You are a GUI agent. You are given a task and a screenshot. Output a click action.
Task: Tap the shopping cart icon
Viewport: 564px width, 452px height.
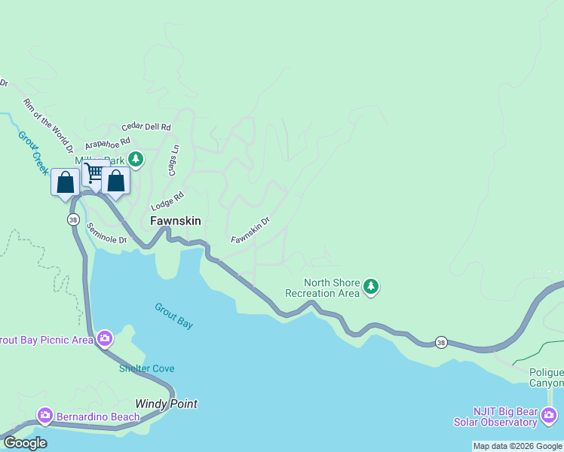(x=93, y=173)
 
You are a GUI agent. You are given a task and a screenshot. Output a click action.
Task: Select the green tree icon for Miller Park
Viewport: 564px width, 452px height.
(x=136, y=159)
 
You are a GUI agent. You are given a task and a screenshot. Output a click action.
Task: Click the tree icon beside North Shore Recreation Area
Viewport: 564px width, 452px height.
(x=370, y=286)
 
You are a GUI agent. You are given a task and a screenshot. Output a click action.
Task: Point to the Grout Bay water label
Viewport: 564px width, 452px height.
(x=174, y=316)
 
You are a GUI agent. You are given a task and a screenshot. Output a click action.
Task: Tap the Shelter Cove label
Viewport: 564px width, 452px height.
(x=146, y=368)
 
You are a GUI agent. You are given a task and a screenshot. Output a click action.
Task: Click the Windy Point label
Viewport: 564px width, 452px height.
(x=166, y=404)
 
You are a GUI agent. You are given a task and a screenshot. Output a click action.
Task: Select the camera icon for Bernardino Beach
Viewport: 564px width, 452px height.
(x=45, y=416)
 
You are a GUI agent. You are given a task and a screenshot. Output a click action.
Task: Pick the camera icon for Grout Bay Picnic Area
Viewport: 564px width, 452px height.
(x=104, y=340)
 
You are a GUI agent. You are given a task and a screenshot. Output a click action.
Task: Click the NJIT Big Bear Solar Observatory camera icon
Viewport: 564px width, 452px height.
(x=549, y=415)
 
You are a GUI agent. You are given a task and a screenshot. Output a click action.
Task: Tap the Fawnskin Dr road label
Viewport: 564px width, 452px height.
(x=250, y=231)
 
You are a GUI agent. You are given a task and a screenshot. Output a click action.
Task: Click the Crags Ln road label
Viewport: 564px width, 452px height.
(x=173, y=160)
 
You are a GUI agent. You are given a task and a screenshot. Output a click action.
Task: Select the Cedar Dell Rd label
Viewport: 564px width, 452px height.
(x=146, y=127)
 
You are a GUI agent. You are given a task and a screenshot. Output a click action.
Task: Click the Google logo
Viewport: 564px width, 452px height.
(x=25, y=443)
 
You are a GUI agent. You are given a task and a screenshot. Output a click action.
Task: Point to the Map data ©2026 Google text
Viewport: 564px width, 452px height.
(x=516, y=446)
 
